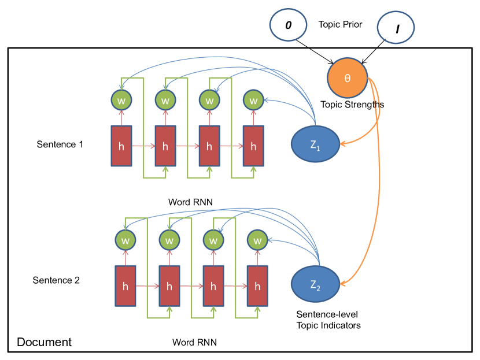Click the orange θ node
pyautogui.click(x=348, y=78)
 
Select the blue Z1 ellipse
pyautogui.click(x=315, y=143)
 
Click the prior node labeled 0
pyautogui.click(x=289, y=27)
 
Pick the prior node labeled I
pyautogui.click(x=397, y=28)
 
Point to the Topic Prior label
pyautogui.click(x=340, y=25)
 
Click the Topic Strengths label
pyautogui.click(x=352, y=105)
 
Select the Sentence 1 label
pyautogui.click(x=60, y=144)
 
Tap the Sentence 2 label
pyautogui.click(x=56, y=280)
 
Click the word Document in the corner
pyautogui.click(x=44, y=342)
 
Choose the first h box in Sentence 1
pyautogui.click(x=121, y=146)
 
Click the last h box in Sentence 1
pyautogui.click(x=253, y=146)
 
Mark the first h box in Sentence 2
pyautogui.click(x=125, y=286)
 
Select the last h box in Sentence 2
pyautogui.click(x=257, y=286)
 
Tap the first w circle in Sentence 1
pyautogui.click(x=121, y=100)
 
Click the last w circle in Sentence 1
pyautogui.click(x=253, y=100)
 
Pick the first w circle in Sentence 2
pyautogui.click(x=125, y=239)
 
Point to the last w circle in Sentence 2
pyautogui.click(x=257, y=239)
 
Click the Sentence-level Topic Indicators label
pyautogui.click(x=328, y=320)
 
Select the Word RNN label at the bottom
pyautogui.click(x=195, y=342)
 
